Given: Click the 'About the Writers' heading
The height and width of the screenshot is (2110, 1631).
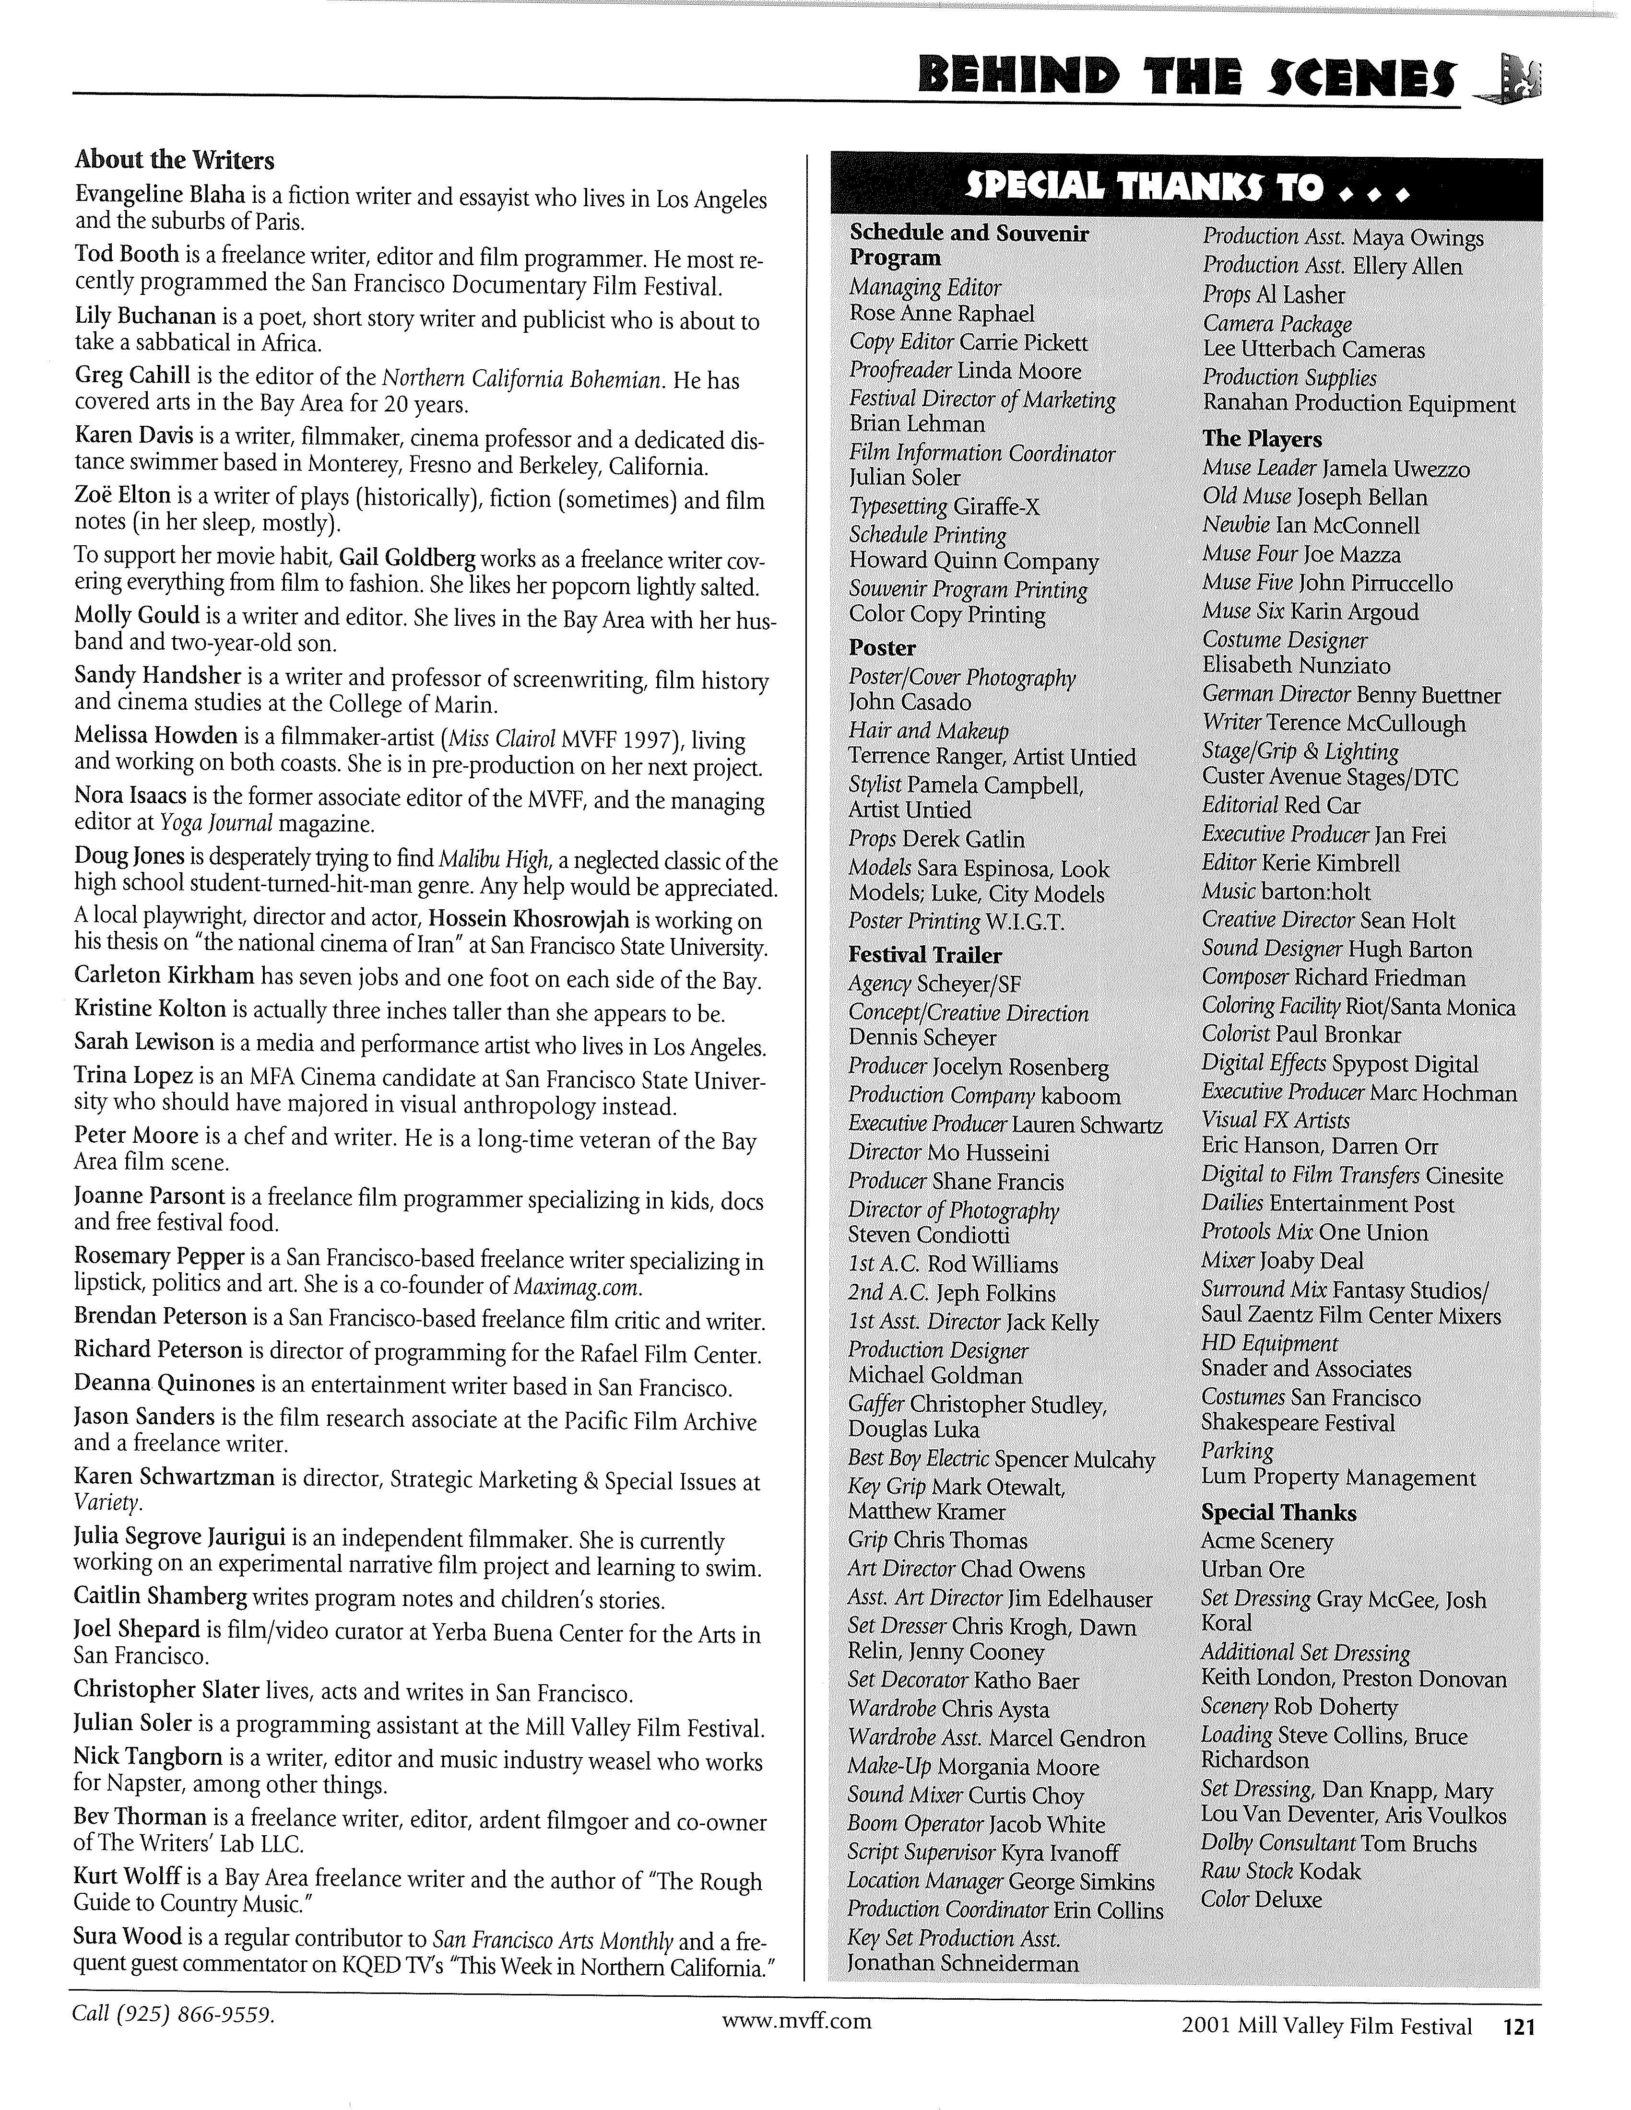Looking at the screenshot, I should pos(174,159).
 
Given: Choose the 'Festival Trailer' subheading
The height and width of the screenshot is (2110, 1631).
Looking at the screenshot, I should pos(925,954).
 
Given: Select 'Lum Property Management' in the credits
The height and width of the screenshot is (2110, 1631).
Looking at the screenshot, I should pos(1338,1477).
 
